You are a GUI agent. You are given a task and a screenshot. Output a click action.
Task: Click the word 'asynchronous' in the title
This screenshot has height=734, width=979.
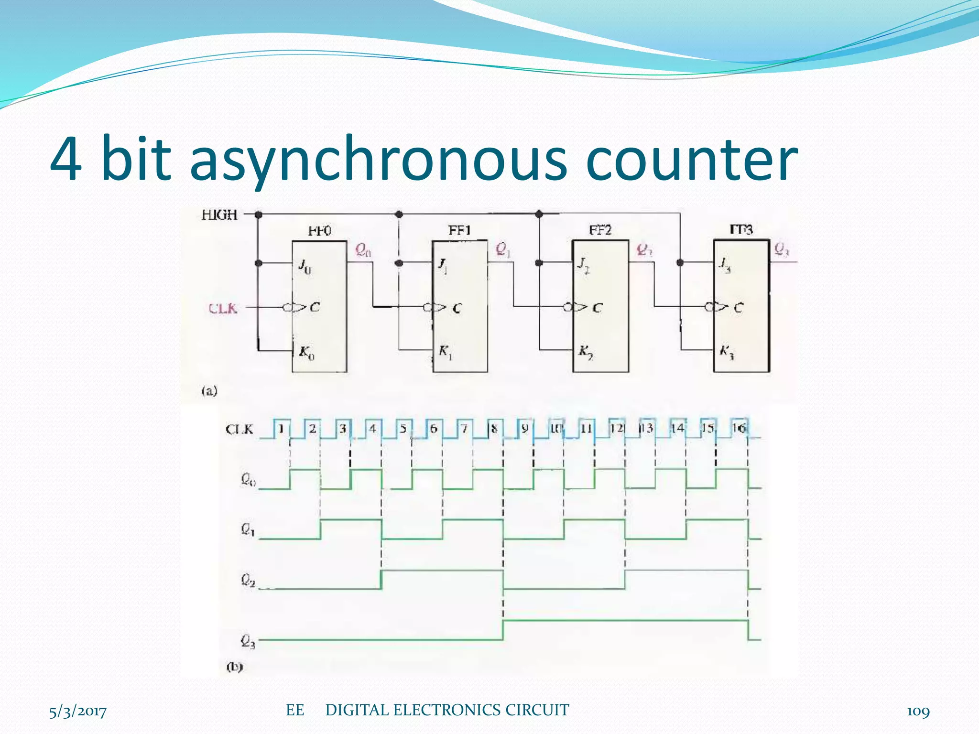coord(378,160)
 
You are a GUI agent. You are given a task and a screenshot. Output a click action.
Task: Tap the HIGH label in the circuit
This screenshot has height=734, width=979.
coord(219,215)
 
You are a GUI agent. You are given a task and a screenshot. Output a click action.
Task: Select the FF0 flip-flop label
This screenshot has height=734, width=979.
coord(319,231)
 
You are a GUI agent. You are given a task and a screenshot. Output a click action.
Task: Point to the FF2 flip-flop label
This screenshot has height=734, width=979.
coord(600,230)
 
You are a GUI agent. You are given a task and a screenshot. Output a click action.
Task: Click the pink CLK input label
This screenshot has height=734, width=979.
coord(223,308)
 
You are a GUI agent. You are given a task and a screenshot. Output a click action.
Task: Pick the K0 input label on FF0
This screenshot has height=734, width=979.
coord(306,353)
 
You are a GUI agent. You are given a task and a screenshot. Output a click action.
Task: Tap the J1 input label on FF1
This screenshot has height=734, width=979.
coord(443,265)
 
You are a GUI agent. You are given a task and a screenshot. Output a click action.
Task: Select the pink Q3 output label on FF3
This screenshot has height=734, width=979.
coord(781,249)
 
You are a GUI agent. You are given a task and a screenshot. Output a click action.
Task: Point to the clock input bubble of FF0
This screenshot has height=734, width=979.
coord(287,308)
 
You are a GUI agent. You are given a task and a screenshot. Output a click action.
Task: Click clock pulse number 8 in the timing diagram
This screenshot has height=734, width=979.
coord(494,429)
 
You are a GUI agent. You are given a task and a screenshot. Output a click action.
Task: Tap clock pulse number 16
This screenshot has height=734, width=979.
coord(739,428)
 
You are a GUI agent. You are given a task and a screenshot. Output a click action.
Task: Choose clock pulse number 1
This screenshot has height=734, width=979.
coord(282,429)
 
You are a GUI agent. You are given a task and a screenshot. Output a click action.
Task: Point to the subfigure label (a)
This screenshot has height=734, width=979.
coord(209,391)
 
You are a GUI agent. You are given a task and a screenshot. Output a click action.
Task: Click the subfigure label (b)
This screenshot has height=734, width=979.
coord(234,667)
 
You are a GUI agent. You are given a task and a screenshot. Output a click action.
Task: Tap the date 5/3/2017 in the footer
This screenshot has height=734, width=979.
coord(78,712)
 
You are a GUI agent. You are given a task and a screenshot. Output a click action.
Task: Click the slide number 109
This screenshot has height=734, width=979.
coord(918,712)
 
